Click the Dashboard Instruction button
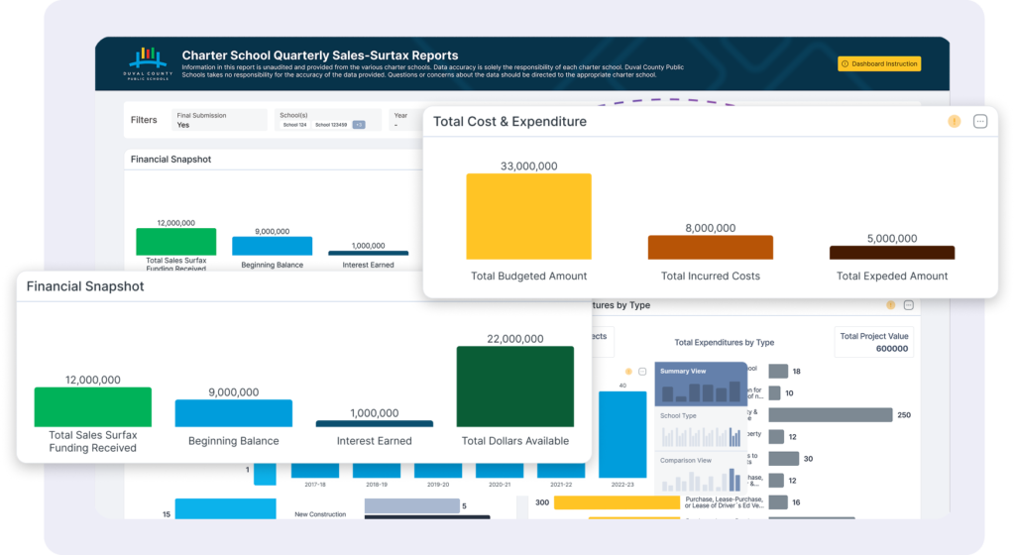(879, 64)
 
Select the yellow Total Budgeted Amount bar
(528, 216)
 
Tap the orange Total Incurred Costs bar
(710, 247)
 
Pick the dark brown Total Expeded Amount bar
(892, 253)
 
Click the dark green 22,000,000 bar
(514, 386)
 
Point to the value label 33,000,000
(528, 166)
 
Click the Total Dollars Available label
(514, 441)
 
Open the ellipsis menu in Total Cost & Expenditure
(980, 122)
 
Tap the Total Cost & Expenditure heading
(509, 122)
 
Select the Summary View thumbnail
(701, 384)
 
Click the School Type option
(701, 428)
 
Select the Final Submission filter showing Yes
(218, 120)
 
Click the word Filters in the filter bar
(144, 120)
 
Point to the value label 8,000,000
(710, 227)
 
